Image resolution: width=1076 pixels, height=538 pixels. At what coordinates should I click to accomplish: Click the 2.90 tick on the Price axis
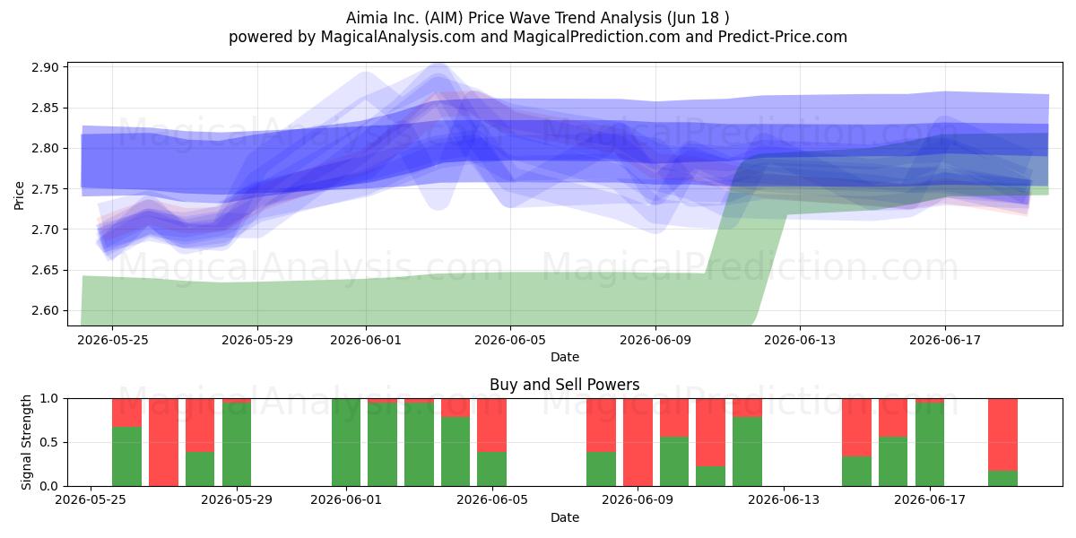(x=45, y=67)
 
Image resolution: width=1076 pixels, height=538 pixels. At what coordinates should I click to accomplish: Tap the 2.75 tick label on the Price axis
(x=45, y=189)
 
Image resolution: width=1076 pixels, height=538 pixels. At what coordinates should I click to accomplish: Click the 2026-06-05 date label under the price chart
(x=510, y=340)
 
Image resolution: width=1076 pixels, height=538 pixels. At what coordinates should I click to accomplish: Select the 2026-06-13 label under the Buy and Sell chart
(x=784, y=499)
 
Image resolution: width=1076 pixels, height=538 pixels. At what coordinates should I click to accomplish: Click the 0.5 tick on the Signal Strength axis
(x=48, y=442)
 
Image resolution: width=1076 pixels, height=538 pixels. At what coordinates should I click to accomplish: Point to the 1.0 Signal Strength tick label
(x=48, y=399)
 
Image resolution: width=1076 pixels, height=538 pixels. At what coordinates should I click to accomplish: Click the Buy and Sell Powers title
(x=564, y=385)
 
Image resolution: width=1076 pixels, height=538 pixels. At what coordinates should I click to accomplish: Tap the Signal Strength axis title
(x=26, y=442)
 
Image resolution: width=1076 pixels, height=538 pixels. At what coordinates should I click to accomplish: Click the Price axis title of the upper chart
(x=19, y=195)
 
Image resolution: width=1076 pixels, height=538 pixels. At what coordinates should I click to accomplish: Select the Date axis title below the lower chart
(x=564, y=517)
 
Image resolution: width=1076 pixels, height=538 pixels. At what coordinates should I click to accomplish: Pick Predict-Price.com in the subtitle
(x=783, y=37)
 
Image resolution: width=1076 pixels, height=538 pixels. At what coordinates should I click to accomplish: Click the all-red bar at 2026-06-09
(x=638, y=442)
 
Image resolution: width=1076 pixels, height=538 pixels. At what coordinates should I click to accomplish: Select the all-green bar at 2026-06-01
(x=346, y=442)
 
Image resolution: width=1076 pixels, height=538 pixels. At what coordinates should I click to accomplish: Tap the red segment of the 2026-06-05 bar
(x=492, y=425)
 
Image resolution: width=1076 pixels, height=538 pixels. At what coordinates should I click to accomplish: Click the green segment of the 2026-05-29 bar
(x=237, y=445)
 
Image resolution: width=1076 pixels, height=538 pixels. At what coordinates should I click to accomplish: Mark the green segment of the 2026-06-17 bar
(x=930, y=445)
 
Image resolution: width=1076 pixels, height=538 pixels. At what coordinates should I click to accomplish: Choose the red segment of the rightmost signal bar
(x=1003, y=435)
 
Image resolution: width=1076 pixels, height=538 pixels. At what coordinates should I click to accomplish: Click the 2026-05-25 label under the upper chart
(x=113, y=340)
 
